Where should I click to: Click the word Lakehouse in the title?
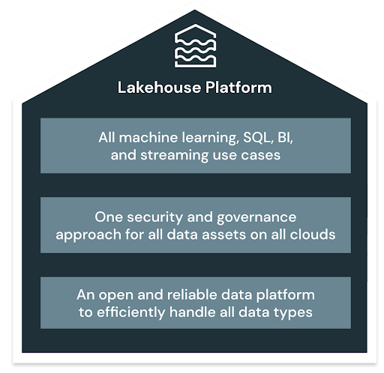tap(159, 88)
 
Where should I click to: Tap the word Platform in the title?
tap(238, 88)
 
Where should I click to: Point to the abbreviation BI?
tap(285, 138)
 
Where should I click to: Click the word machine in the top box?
tap(148, 138)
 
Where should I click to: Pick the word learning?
tap(210, 139)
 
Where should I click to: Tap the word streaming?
tap(174, 156)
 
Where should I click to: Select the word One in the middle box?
tap(109, 217)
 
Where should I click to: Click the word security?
tap(155, 218)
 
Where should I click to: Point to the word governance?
tap(256, 218)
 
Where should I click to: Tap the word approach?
tap(88, 235)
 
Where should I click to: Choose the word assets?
tap(223, 235)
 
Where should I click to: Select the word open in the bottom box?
tap(115, 296)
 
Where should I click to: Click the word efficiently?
tap(131, 313)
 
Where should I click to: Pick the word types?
tap(293, 313)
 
